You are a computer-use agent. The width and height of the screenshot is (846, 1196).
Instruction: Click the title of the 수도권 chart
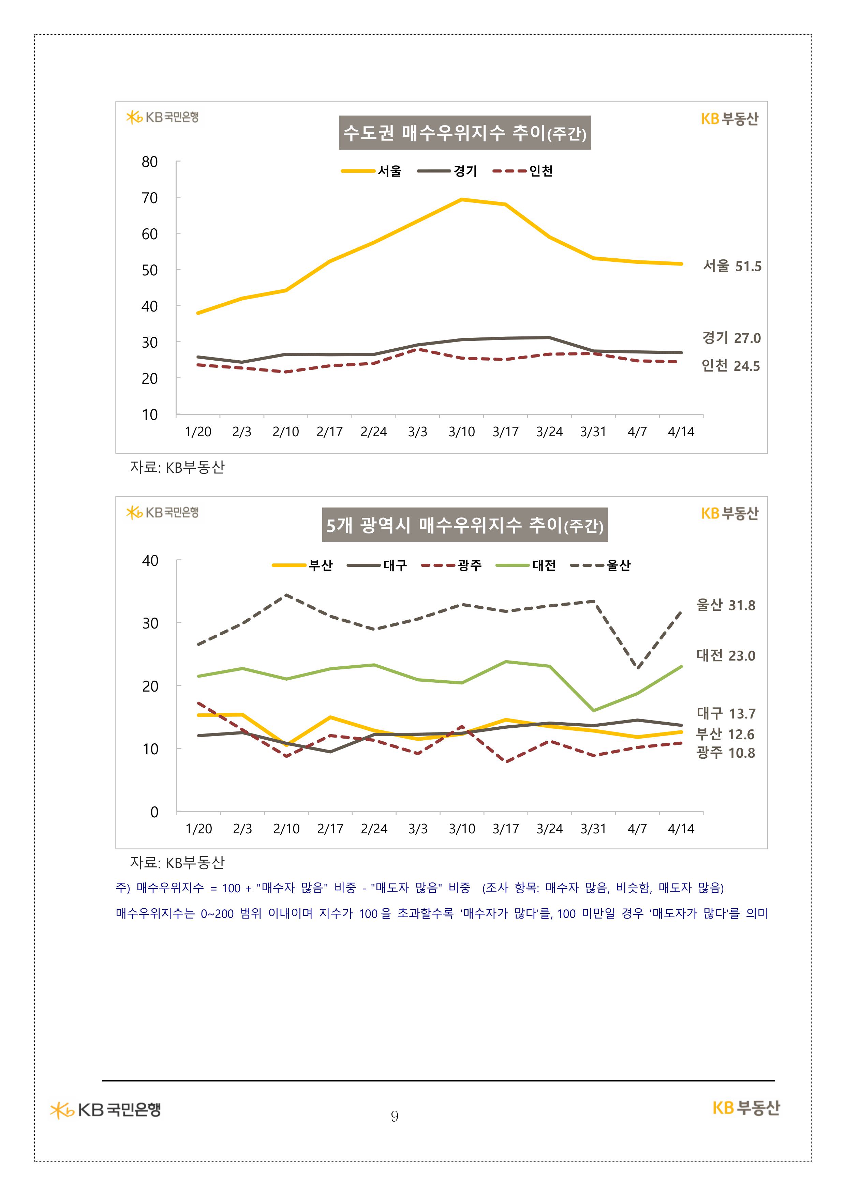click(x=464, y=133)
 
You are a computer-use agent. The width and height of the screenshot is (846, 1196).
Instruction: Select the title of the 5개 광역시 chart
click(x=464, y=525)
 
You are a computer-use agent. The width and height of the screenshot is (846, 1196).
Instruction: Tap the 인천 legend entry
click(x=523, y=171)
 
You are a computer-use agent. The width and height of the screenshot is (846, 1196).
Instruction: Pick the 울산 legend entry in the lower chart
click(x=600, y=565)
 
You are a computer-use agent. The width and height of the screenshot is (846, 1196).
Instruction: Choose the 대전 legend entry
click(x=526, y=565)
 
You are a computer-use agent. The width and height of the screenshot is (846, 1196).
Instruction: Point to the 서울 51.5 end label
click(x=732, y=266)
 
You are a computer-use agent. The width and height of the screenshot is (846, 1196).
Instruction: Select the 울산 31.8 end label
click(x=726, y=605)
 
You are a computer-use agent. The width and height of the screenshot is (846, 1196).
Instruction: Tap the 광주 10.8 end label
click(x=726, y=753)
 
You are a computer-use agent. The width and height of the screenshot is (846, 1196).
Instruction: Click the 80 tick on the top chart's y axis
click(x=150, y=162)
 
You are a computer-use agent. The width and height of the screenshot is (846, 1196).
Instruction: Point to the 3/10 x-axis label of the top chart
click(x=461, y=432)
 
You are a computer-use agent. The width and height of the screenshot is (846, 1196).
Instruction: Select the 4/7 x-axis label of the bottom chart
click(x=637, y=829)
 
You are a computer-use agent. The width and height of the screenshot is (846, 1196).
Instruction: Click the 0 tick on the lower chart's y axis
click(x=154, y=812)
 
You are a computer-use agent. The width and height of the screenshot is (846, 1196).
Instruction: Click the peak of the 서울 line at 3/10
click(x=462, y=199)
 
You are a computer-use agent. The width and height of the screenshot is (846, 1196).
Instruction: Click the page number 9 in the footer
click(x=395, y=1116)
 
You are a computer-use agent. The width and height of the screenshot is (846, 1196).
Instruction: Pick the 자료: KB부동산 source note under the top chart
click(x=177, y=467)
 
